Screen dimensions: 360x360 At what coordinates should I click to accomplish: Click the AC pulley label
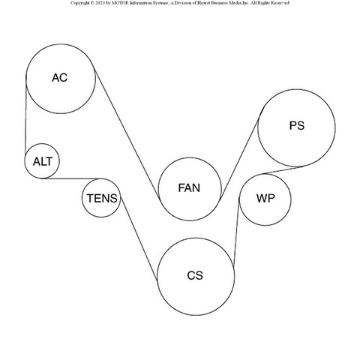[60, 78]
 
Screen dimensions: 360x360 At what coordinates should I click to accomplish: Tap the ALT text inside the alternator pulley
[43, 161]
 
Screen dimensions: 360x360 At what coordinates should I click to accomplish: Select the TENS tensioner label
[102, 198]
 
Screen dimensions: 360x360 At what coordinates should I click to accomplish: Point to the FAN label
[189, 187]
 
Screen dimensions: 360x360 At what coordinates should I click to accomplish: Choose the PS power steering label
[297, 125]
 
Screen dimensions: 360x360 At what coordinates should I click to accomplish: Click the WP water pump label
[265, 198]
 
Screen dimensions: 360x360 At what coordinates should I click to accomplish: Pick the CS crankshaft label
[195, 275]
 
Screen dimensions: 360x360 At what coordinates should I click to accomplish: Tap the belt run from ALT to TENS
[73, 178]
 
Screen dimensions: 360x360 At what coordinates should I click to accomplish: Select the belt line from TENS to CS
[139, 238]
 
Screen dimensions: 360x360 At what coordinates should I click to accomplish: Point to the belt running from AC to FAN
[127, 134]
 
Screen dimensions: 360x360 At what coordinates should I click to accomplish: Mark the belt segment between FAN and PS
[240, 159]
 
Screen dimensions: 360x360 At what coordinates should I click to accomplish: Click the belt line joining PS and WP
[283, 170]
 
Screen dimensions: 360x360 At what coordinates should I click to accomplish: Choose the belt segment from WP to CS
[236, 232]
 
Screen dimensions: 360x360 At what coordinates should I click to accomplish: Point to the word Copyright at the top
[80, 3]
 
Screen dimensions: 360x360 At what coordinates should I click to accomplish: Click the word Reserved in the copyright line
[280, 3]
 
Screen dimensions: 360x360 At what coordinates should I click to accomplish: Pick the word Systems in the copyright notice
[159, 3]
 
